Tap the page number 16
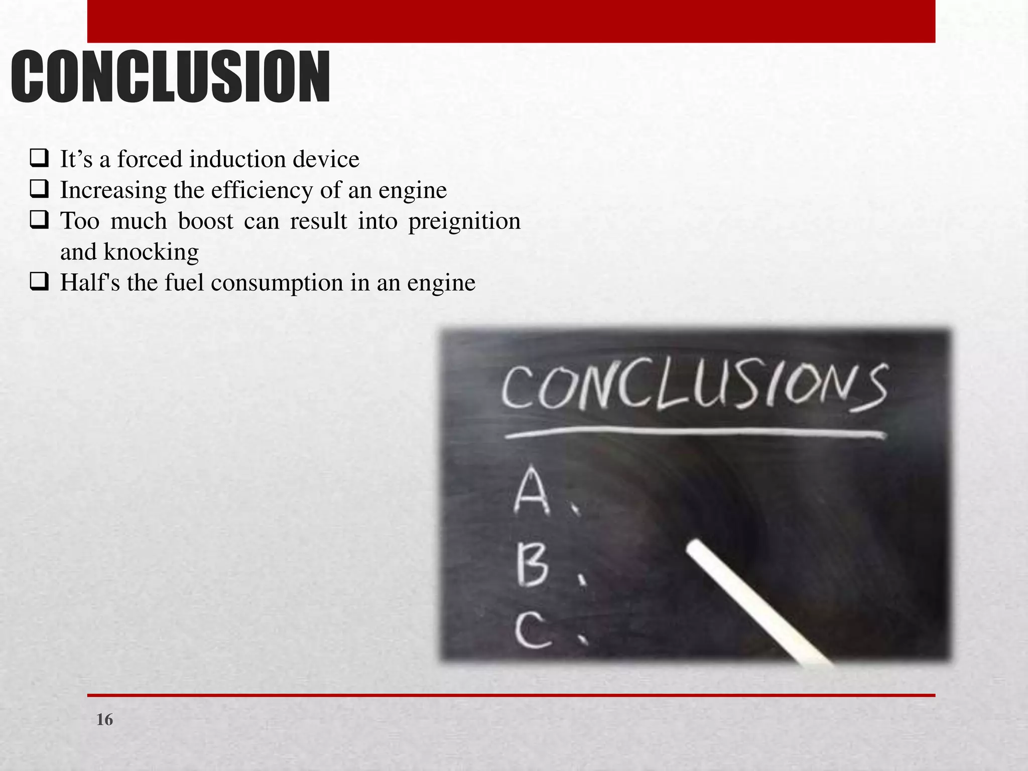(x=104, y=720)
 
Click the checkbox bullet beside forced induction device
(x=39, y=159)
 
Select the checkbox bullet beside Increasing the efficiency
(x=39, y=189)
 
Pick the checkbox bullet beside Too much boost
(x=39, y=220)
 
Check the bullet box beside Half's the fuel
(x=39, y=282)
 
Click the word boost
(x=205, y=221)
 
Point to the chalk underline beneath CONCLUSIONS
(x=695, y=433)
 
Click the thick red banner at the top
(x=511, y=21)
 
